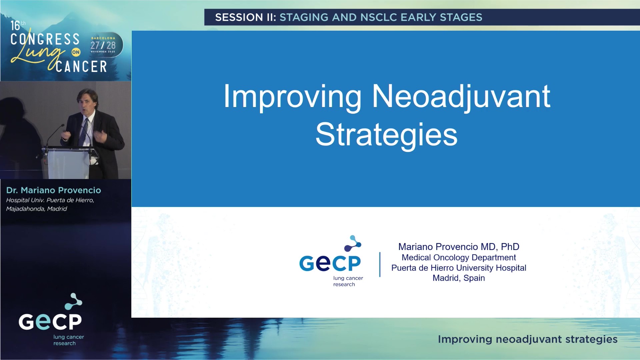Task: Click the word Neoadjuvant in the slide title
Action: coord(461,97)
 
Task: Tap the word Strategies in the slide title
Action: coord(386,135)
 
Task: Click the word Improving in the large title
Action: coord(292,97)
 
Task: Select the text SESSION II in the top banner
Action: coord(245,17)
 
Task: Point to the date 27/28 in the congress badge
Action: coord(103,45)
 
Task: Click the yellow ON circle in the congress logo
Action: coord(76,52)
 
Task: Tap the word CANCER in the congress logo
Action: coord(81,67)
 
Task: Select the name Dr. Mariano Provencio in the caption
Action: coord(53,190)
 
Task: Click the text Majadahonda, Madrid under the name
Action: coord(36,209)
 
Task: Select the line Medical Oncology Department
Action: coord(459,258)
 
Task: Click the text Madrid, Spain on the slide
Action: coord(459,278)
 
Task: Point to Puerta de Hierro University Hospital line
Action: coord(459,268)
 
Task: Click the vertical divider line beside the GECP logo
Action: coord(380,264)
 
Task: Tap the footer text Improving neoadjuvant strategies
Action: coord(527,339)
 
